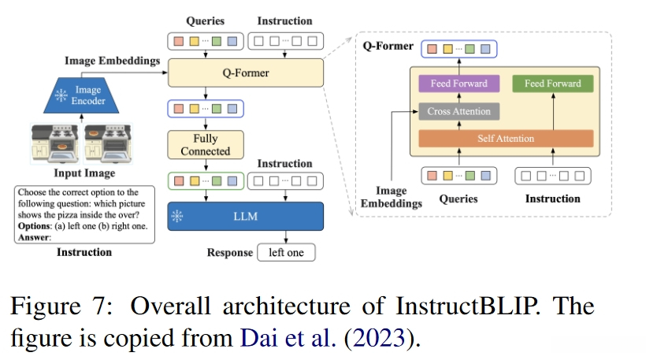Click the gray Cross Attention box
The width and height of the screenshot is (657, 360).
point(458,112)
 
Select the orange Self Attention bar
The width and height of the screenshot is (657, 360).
point(505,139)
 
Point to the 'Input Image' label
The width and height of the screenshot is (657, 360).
point(84,173)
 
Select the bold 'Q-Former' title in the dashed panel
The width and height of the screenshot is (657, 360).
point(388,46)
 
